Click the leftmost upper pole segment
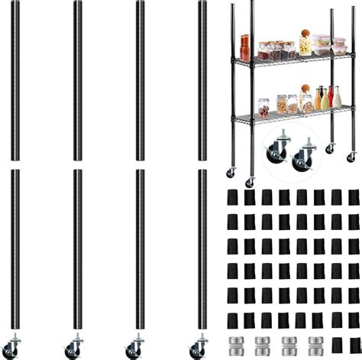point(16,80)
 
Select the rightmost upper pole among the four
point(202,80)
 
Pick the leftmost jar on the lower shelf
point(263,106)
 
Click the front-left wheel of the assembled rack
point(249,181)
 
